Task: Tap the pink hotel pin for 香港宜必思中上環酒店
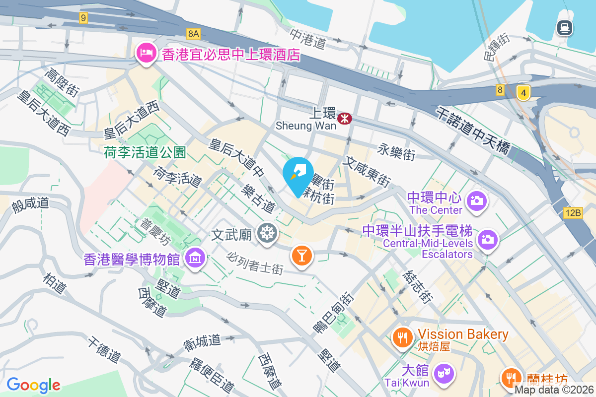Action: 146,53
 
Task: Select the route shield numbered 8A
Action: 194,34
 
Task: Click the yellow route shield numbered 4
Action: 523,92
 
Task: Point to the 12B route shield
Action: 573,213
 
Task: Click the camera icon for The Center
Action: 476,201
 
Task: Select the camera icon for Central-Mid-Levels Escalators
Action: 487,240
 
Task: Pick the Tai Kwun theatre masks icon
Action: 444,372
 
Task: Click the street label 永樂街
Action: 396,151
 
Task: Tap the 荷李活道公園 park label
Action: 145,152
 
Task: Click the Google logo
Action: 33,385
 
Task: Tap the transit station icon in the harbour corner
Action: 565,27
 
